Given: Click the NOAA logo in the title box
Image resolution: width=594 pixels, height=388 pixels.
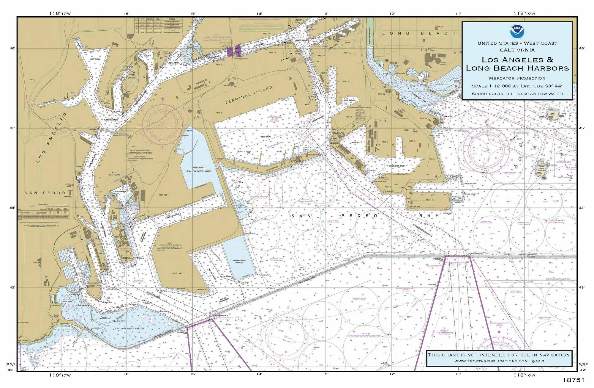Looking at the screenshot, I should pyautogui.click(x=517, y=31).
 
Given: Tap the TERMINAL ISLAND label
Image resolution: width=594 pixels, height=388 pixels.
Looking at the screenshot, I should pyautogui.click(x=248, y=95).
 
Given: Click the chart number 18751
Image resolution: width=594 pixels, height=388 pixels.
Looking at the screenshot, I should pyautogui.click(x=574, y=380).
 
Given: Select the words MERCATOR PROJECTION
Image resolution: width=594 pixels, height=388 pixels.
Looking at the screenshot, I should pyautogui.click(x=517, y=78).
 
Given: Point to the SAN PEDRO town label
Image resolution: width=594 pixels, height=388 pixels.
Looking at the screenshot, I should pyautogui.click(x=45, y=193).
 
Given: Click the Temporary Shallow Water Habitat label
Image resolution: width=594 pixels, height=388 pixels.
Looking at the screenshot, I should pyautogui.click(x=199, y=169).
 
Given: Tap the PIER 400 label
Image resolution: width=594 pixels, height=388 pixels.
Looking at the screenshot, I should pyautogui.click(x=178, y=273).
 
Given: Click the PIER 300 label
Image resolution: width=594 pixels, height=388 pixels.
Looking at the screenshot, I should pyautogui.click(x=163, y=195).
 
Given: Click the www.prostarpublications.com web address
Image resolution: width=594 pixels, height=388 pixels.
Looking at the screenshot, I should pyautogui.click(x=491, y=361).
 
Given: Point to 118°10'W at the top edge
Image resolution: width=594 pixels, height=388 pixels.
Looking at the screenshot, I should pyautogui.click(x=524, y=13).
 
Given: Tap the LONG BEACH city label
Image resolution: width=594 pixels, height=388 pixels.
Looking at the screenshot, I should pyautogui.click(x=419, y=33).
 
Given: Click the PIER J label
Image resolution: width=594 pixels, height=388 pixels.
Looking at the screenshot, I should pyautogui.click(x=428, y=200).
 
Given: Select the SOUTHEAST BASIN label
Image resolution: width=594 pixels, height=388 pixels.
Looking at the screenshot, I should pyautogui.click(x=397, y=166).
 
